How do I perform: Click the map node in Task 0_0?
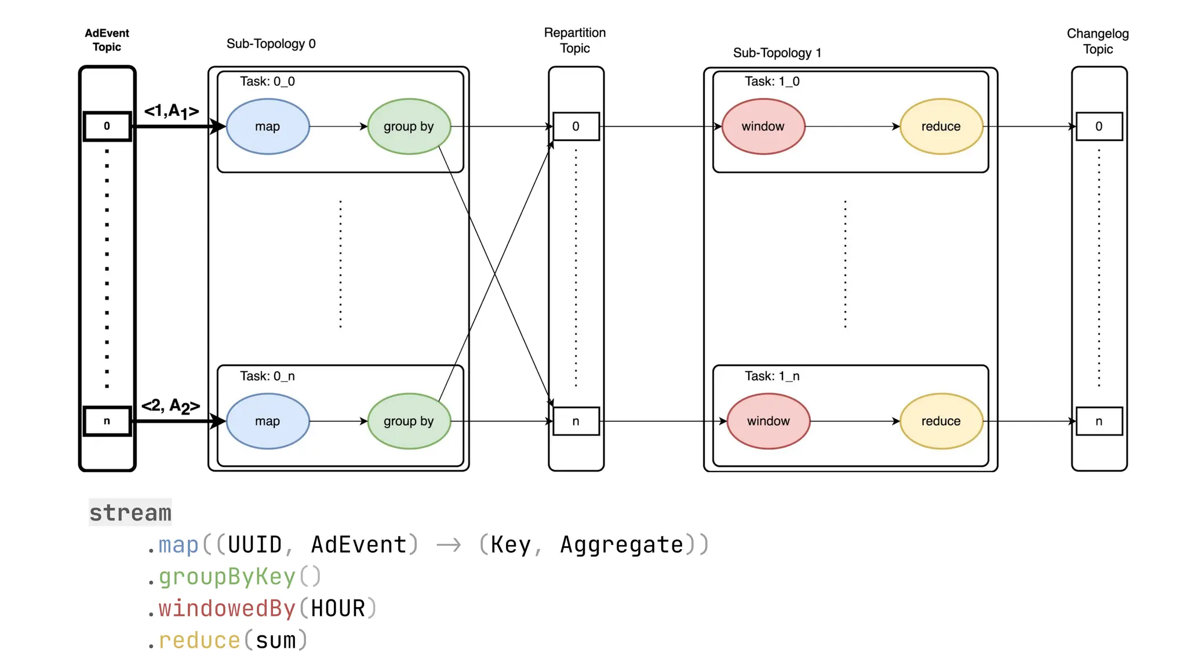267,126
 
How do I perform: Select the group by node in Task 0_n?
409,421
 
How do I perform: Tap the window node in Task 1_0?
763,126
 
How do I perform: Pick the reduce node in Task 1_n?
941,421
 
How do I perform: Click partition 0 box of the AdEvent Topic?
107,126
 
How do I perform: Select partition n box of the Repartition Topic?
576,421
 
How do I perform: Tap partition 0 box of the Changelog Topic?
1098,126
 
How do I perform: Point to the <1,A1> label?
172,111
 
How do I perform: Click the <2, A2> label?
171,406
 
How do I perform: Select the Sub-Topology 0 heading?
271,43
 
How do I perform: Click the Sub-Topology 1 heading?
777,53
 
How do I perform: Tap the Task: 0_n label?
267,376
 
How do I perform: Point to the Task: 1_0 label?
771,81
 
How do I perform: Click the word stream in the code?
130,513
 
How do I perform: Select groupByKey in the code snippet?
227,576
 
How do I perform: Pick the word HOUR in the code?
338,608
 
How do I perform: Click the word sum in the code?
275,640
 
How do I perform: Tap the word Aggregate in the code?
621,544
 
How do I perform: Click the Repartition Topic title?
574,41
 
